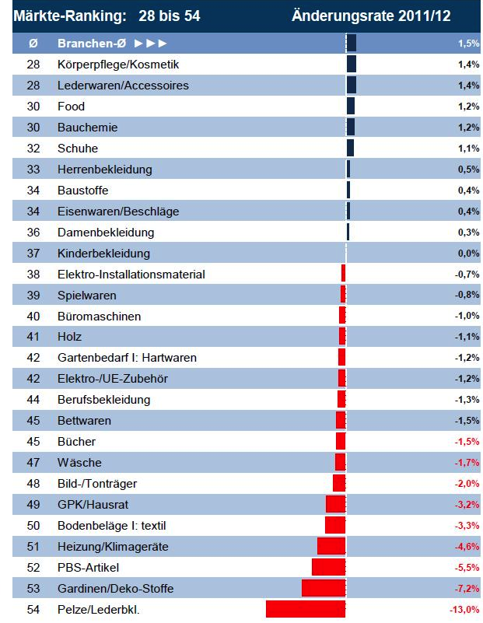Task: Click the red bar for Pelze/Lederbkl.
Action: pyautogui.click(x=306, y=609)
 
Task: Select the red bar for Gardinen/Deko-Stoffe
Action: pyautogui.click(x=324, y=588)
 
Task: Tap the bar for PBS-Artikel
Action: pyautogui.click(x=328, y=567)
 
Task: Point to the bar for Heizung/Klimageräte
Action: pyautogui.click(x=331, y=546)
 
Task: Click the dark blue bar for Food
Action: pyautogui.click(x=350, y=106)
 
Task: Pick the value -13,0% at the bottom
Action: pyautogui.click(x=464, y=609)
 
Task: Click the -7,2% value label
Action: pyautogui.click(x=467, y=588)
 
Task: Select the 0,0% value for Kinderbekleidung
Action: pyautogui.click(x=468, y=253)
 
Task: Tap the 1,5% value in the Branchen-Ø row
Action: pyautogui.click(x=469, y=44)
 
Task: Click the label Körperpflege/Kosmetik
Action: pyautogui.click(x=118, y=65)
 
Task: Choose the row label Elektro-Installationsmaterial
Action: pyautogui.click(x=131, y=274)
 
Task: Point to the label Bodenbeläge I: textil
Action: pyautogui.click(x=112, y=525)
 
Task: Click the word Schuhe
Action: pyautogui.click(x=78, y=148)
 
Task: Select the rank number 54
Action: pyautogui.click(x=33, y=609)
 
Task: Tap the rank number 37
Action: pyautogui.click(x=33, y=253)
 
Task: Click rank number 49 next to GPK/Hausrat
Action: pyautogui.click(x=33, y=504)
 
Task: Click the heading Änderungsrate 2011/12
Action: pyautogui.click(x=371, y=16)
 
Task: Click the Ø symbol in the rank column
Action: pyautogui.click(x=33, y=44)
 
